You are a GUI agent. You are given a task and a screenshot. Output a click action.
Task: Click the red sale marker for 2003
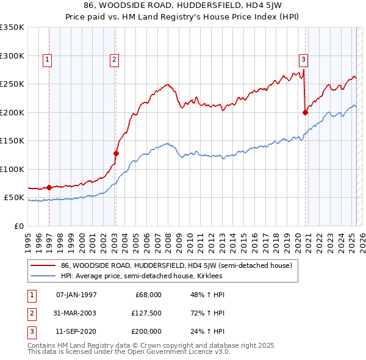coord(116,154)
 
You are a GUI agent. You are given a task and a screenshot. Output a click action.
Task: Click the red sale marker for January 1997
coord(49,187)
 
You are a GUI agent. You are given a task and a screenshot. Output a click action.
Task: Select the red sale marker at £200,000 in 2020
coord(305,112)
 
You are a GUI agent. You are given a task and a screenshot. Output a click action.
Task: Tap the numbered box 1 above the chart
coord(47,59)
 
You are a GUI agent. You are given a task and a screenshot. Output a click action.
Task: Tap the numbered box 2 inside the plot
coord(114,59)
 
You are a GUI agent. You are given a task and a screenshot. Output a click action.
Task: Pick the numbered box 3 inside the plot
coord(303,59)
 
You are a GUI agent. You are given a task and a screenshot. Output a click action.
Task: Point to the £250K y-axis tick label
coord(12,84)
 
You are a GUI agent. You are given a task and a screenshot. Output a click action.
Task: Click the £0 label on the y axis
coord(19,226)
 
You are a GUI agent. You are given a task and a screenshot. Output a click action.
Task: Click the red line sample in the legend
coord(43,265)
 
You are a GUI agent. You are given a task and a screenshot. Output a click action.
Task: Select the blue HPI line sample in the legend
coord(43,276)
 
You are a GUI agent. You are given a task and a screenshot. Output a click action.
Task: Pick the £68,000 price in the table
coord(148,295)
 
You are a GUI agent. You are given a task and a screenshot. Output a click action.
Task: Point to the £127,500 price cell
coord(146,313)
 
